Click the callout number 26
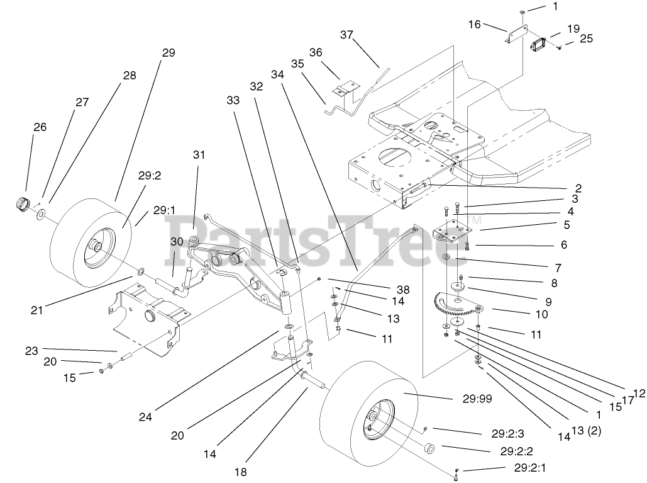click(x=40, y=127)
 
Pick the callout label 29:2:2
click(x=517, y=451)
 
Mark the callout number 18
click(x=241, y=471)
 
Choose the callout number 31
click(x=199, y=154)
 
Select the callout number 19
click(x=573, y=28)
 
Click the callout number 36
click(x=316, y=52)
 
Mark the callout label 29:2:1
click(x=530, y=469)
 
